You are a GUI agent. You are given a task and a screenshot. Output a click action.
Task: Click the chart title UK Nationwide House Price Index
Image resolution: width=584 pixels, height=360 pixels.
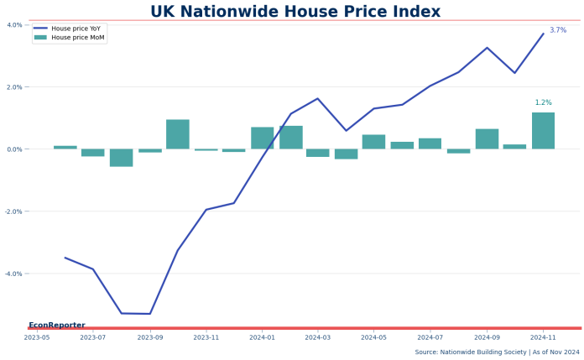(295, 12)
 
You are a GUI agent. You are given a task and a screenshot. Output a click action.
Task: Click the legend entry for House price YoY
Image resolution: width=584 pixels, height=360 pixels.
(76, 28)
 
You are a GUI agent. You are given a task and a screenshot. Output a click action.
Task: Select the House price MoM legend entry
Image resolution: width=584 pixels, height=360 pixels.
(78, 38)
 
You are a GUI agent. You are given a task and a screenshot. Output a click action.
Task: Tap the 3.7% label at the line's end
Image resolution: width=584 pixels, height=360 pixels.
(558, 30)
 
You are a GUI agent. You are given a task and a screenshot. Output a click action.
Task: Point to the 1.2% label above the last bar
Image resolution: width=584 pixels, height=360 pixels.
(544, 102)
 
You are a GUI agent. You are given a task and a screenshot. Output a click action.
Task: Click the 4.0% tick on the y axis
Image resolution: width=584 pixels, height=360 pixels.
(14, 24)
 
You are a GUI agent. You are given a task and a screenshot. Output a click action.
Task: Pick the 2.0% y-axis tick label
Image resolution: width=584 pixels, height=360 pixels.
(14, 87)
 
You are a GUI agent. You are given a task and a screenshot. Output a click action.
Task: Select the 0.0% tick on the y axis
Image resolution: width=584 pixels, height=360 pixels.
(14, 149)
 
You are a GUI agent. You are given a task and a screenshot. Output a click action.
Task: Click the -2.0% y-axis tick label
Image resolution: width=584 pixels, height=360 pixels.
(13, 211)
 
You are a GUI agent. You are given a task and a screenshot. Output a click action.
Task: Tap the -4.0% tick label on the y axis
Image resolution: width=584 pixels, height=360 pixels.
(13, 274)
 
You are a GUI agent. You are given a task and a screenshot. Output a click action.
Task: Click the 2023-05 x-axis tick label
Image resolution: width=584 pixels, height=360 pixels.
(37, 337)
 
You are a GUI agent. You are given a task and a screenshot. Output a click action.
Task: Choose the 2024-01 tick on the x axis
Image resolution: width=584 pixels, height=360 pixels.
(263, 337)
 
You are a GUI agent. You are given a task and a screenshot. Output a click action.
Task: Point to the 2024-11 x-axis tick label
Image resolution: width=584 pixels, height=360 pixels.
(543, 337)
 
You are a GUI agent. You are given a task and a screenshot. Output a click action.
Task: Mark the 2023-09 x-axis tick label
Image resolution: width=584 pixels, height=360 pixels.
(150, 337)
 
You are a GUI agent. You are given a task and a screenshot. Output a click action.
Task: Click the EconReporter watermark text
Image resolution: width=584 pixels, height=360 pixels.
(57, 325)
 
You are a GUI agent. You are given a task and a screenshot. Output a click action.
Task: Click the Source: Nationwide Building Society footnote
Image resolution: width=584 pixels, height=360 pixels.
(497, 352)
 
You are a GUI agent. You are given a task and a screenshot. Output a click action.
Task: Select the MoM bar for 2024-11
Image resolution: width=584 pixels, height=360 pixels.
(543, 131)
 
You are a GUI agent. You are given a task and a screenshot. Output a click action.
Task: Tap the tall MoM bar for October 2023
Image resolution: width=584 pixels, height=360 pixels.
(178, 134)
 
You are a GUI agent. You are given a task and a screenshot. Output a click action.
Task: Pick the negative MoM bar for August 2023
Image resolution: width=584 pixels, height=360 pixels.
(122, 158)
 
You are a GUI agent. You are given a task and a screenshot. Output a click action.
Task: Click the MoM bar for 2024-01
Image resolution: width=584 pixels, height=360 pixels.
(263, 138)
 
